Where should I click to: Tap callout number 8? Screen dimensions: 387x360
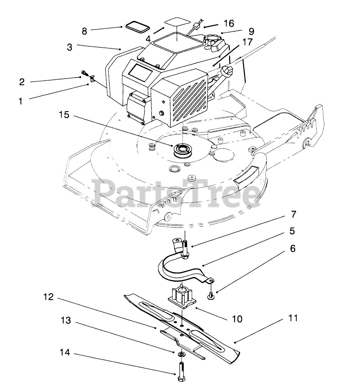84,31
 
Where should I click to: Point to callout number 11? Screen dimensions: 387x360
293,318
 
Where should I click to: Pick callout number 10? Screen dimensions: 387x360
237,318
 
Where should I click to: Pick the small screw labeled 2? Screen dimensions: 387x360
84,74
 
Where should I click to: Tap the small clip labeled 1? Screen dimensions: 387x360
92,79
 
